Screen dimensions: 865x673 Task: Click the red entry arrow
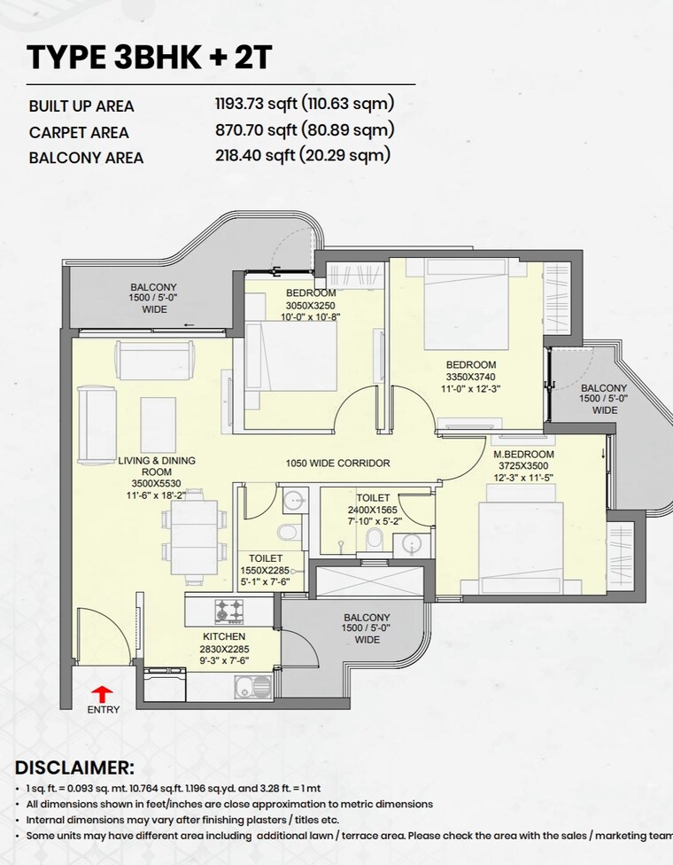[103, 692]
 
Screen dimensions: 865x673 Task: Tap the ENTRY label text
[103, 709]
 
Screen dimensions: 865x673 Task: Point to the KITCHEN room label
[223, 636]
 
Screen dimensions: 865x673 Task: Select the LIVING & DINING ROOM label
[157, 466]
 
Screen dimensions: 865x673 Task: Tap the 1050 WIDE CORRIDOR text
[337, 464]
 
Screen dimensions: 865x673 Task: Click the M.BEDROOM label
[523, 455]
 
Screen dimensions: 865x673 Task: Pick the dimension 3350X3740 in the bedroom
[471, 377]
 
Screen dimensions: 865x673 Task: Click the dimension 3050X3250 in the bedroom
[311, 305]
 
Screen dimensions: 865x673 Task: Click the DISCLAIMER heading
[74, 768]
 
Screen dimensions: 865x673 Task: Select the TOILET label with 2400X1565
[373, 499]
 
